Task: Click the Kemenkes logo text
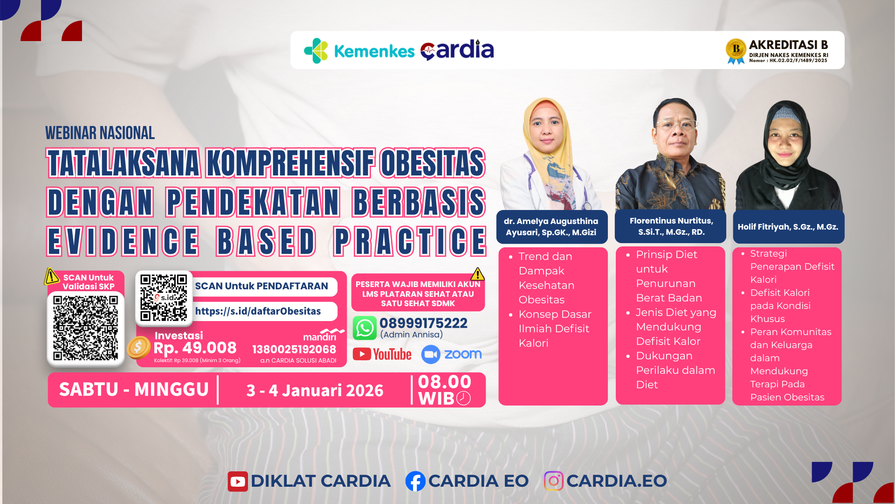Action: pyautogui.click(x=374, y=51)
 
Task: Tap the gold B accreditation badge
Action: pyautogui.click(x=736, y=50)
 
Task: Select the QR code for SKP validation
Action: pyautogui.click(x=86, y=328)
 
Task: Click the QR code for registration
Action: pyautogui.click(x=164, y=298)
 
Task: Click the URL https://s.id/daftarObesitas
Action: pyautogui.click(x=258, y=311)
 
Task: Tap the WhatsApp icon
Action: pyautogui.click(x=365, y=328)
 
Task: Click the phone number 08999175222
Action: pyautogui.click(x=423, y=323)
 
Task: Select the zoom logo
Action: pyautogui.click(x=451, y=354)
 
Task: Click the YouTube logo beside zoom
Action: pyautogui.click(x=382, y=354)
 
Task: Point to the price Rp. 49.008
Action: pyautogui.click(x=195, y=348)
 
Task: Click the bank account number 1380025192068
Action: pyautogui.click(x=294, y=349)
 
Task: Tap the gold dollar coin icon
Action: pyautogui.click(x=138, y=347)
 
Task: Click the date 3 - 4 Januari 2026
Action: pyautogui.click(x=315, y=390)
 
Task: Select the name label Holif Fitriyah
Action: pyautogui.click(x=788, y=227)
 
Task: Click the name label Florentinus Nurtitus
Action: pyautogui.click(x=671, y=226)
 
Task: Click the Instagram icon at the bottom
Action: pyautogui.click(x=553, y=481)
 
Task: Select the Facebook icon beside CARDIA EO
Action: pyautogui.click(x=415, y=481)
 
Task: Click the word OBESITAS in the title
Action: pyautogui.click(x=432, y=163)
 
